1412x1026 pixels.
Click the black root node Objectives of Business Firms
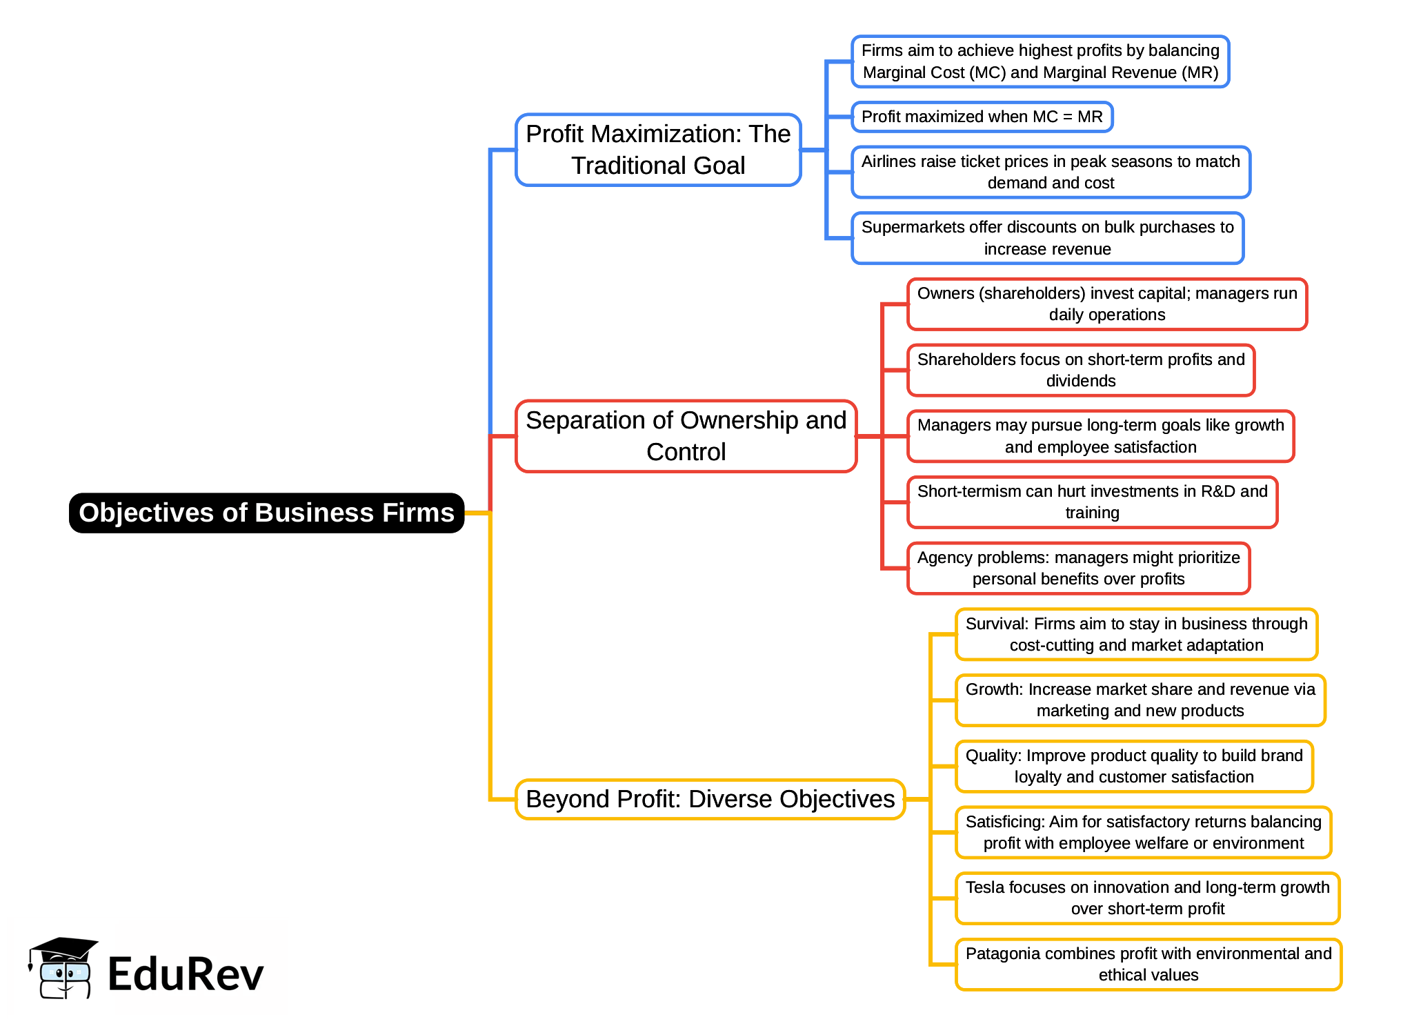pos(266,513)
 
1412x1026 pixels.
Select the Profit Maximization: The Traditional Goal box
pos(658,150)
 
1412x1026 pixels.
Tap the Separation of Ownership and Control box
pos(686,436)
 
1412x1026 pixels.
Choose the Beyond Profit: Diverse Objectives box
pos(710,799)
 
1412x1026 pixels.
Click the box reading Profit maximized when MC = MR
pos(982,117)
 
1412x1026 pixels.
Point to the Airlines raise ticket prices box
pos(1050,172)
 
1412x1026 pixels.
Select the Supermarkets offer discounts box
pos(1047,238)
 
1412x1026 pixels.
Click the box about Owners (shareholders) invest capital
pos(1106,304)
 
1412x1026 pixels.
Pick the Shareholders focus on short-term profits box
pos(1080,371)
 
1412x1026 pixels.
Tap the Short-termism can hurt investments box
pos(1092,502)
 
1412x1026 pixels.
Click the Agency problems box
pos(1078,569)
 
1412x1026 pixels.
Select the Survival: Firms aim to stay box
pos(1136,634)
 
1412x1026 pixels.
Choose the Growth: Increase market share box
pos(1140,700)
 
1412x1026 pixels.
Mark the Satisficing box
pos(1143,832)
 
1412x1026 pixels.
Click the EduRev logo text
pos(186,974)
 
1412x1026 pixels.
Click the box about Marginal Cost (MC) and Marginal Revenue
pos(1040,61)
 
